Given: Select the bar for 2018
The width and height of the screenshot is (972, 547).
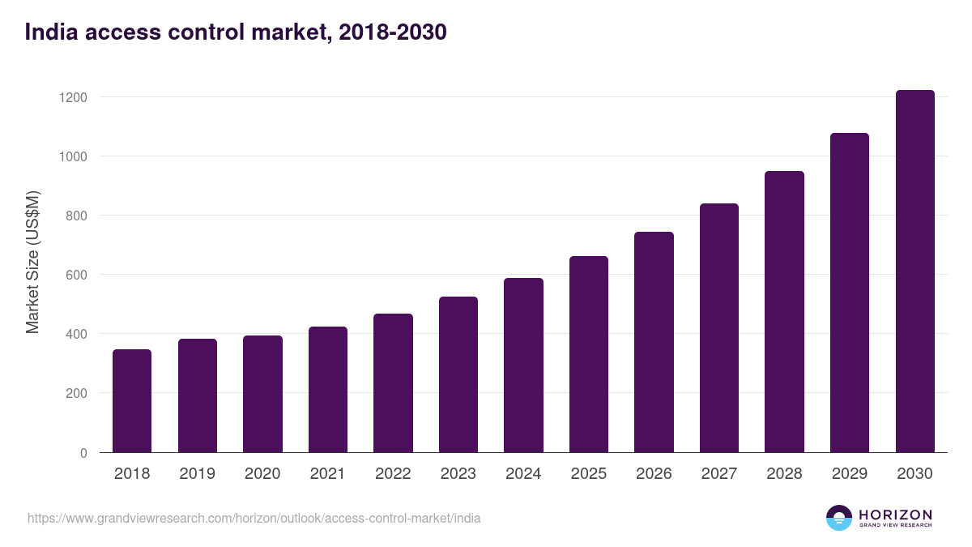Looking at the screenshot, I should click(x=132, y=400).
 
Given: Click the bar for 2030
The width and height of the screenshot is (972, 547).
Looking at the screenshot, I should click(x=914, y=271).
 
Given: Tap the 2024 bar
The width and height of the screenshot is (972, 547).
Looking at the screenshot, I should click(x=523, y=365).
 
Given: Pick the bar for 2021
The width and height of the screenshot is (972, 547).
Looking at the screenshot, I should click(x=328, y=389).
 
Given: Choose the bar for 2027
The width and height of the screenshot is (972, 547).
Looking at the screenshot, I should click(x=719, y=327).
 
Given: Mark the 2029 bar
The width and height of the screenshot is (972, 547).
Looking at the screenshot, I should click(x=850, y=293).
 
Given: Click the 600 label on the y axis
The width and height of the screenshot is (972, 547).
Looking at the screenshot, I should click(x=76, y=275).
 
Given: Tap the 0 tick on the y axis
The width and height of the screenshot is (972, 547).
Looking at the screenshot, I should click(x=83, y=453).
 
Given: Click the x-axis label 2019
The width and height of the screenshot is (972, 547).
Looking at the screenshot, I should click(x=197, y=474).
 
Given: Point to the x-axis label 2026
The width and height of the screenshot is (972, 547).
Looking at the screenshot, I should click(x=654, y=474).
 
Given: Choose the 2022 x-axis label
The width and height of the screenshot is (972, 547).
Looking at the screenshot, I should click(x=393, y=474).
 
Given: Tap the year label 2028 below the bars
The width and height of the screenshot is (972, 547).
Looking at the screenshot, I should click(x=784, y=474).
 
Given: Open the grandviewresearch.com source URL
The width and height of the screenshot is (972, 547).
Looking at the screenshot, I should click(x=254, y=518).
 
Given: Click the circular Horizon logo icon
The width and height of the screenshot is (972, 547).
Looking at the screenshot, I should click(x=839, y=518).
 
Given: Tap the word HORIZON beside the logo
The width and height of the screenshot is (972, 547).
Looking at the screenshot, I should click(x=895, y=514).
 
